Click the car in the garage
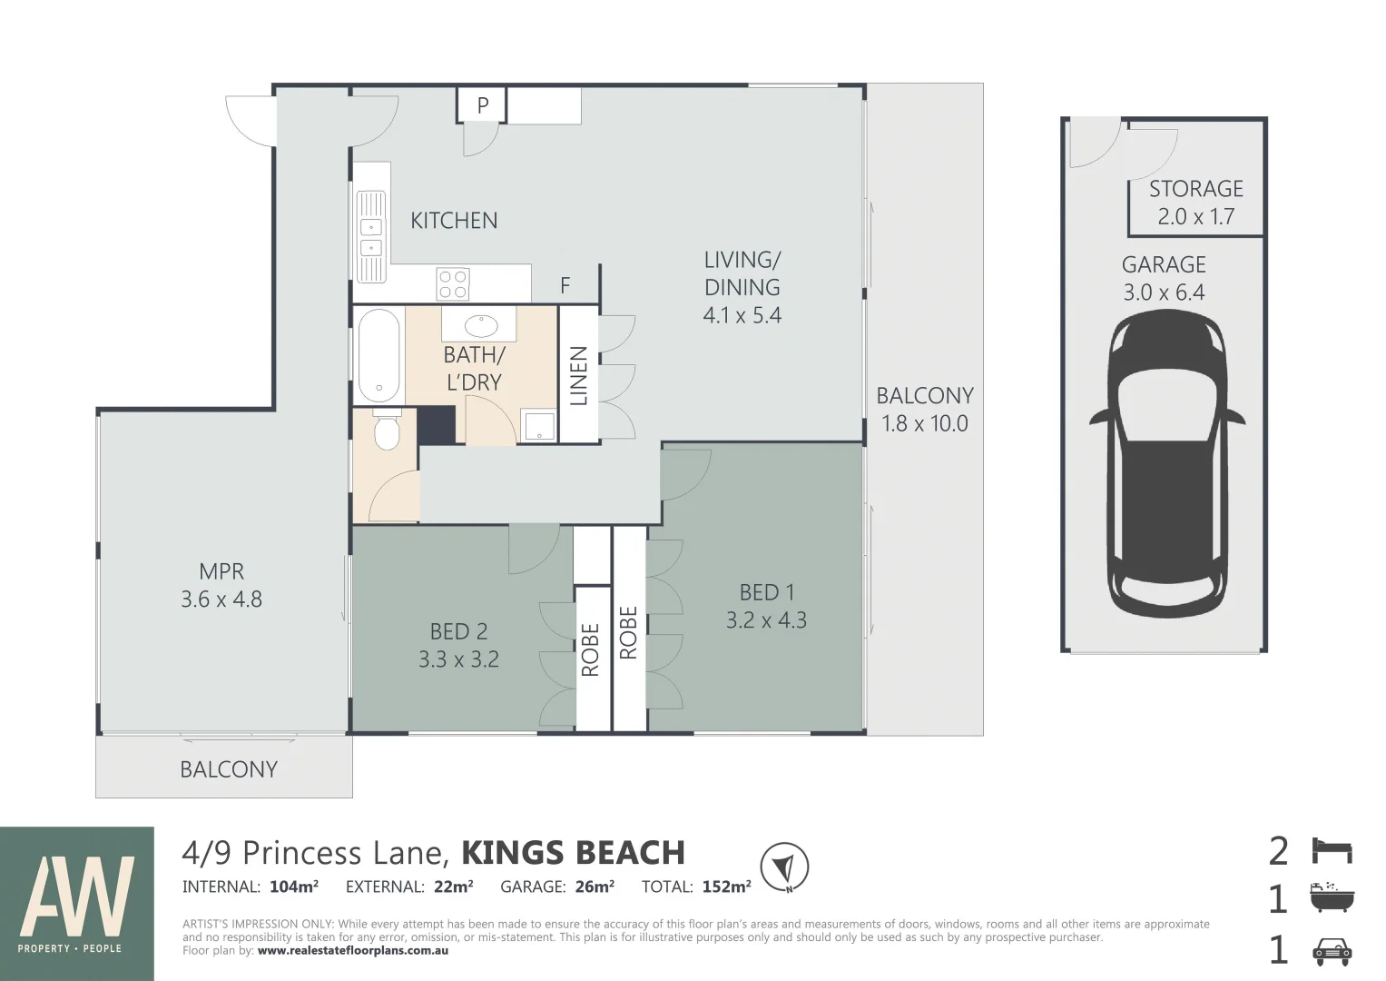pyautogui.click(x=1167, y=462)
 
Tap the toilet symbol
pyautogui.click(x=388, y=429)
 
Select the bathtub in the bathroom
pyautogui.click(x=379, y=356)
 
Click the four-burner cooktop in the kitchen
pyautogui.click(x=452, y=284)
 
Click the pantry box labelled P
pyautogui.click(x=482, y=105)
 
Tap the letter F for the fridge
pyautogui.click(x=565, y=285)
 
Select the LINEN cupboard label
pyautogui.click(x=578, y=376)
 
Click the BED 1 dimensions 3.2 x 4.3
pyautogui.click(x=766, y=619)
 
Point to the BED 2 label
pyautogui.click(x=458, y=631)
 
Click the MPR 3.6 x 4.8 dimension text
pyautogui.click(x=221, y=599)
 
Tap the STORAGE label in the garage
pyautogui.click(x=1196, y=189)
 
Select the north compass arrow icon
pyautogui.click(x=784, y=867)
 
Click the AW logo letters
pyautogui.click(x=77, y=896)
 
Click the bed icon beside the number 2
pyautogui.click(x=1332, y=852)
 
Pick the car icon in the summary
pyautogui.click(x=1332, y=952)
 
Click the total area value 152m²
pyautogui.click(x=726, y=887)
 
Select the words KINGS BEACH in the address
pyautogui.click(x=573, y=853)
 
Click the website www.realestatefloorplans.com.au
pyautogui.click(x=353, y=951)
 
